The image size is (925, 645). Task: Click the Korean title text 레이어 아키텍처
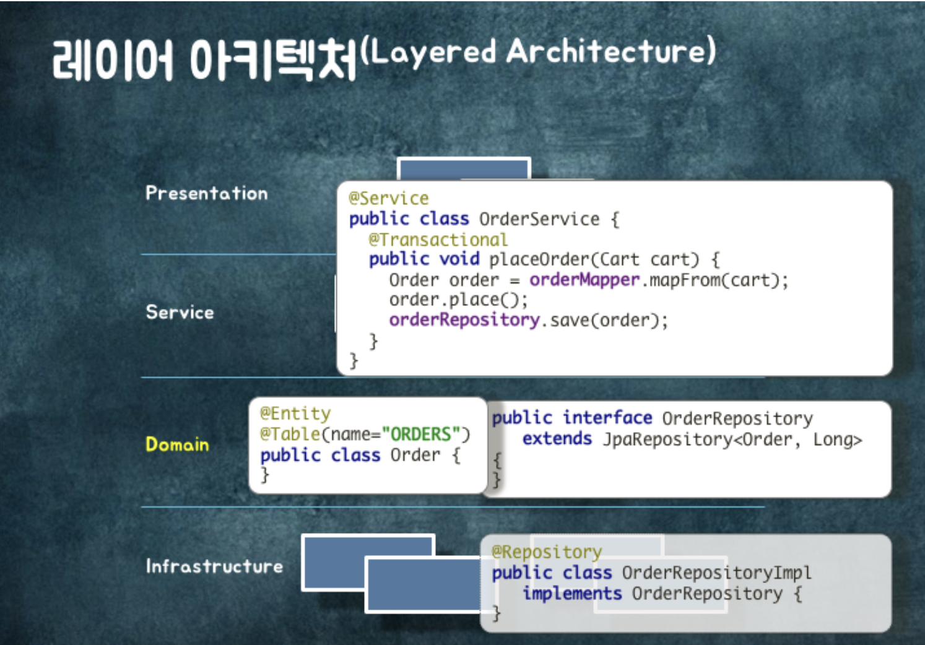204,60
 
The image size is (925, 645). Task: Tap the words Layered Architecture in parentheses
538,51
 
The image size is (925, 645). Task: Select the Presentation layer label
207,193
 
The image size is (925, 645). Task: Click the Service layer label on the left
180,312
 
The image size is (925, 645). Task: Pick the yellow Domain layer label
177,444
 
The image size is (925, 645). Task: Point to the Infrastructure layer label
214,566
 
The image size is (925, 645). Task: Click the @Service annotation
388,199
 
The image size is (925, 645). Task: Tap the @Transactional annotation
438,240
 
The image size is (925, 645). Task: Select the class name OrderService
539,219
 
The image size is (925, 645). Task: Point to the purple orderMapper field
584,280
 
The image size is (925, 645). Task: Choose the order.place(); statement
458,300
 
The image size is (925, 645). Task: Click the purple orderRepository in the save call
464,320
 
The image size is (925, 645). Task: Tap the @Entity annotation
295,413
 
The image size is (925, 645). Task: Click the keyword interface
607,418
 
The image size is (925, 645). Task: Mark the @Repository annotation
547,552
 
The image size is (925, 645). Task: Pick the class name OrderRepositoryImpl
716,573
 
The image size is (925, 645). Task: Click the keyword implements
572,594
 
